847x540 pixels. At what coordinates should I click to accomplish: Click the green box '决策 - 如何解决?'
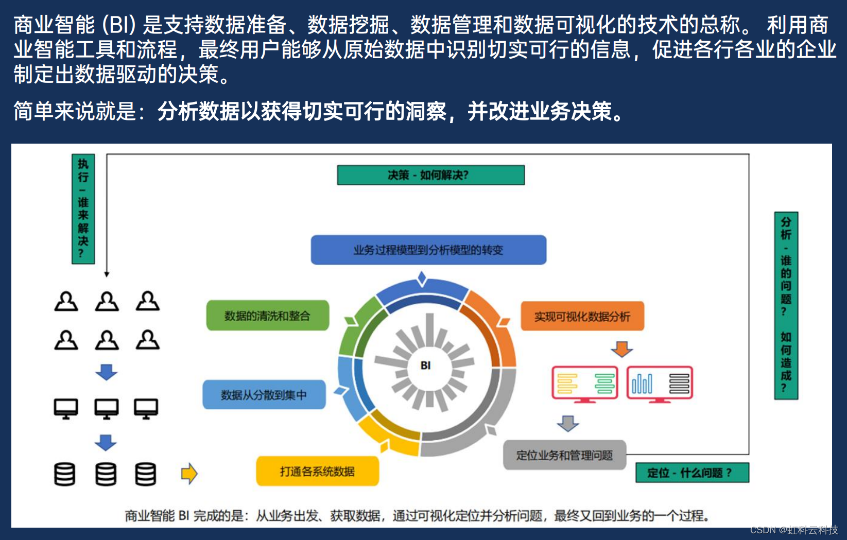[x=430, y=175]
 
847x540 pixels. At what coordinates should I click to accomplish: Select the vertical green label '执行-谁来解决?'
[x=83, y=209]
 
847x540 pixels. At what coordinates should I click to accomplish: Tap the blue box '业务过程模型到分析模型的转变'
[x=428, y=250]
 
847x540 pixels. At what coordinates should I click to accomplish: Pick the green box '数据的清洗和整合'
[x=267, y=316]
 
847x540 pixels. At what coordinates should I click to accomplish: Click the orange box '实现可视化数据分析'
[x=582, y=316]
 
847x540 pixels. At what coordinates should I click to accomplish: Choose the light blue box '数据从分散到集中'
[x=264, y=395]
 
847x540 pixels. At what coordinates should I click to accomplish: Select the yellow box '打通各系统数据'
[x=317, y=471]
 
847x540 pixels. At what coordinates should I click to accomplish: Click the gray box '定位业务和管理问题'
[x=564, y=455]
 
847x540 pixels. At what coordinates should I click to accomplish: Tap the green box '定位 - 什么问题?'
[x=692, y=473]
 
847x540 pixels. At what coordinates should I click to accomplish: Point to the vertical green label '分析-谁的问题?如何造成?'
[x=786, y=305]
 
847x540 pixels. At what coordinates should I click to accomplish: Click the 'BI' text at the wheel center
[x=425, y=365]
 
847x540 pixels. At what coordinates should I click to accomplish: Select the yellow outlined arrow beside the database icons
[x=189, y=474]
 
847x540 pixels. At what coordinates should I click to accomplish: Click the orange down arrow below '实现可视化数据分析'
[x=621, y=349]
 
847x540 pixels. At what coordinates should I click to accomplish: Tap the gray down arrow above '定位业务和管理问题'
[x=568, y=423]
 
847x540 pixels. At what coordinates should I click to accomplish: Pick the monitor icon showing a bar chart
[x=660, y=384]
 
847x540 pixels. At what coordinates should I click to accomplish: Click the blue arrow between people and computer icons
[x=106, y=372]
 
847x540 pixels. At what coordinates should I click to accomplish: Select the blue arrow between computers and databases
[x=106, y=442]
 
